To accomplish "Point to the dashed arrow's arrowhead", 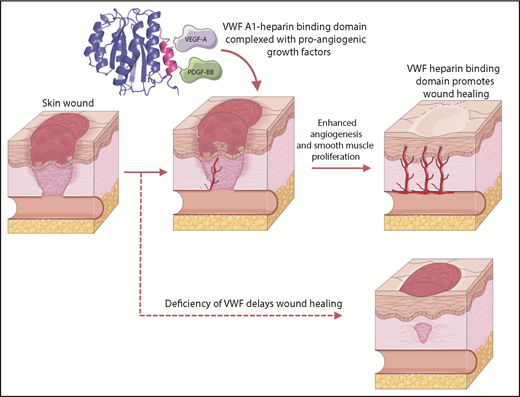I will [x=337, y=315].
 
